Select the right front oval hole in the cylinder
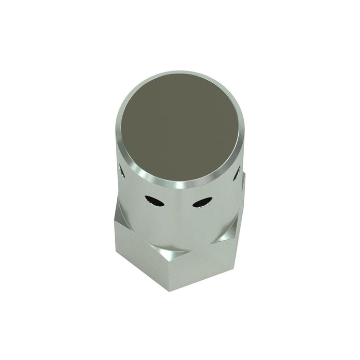(x=202, y=203)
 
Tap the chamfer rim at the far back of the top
(x=180, y=73)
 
